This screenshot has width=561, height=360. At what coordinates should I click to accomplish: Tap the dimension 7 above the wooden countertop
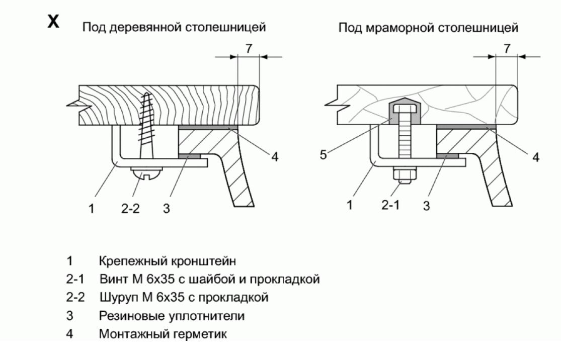pos(249,49)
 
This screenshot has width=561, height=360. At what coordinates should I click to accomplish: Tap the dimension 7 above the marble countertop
pos(507,49)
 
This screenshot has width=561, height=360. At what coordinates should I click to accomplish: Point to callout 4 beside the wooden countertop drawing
pos(275,157)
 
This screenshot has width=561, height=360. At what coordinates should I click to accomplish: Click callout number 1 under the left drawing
pos(92,208)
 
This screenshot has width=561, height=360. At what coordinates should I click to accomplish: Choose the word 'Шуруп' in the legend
pos(114,297)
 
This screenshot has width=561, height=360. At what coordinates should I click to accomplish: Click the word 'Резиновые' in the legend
pos(123,315)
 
